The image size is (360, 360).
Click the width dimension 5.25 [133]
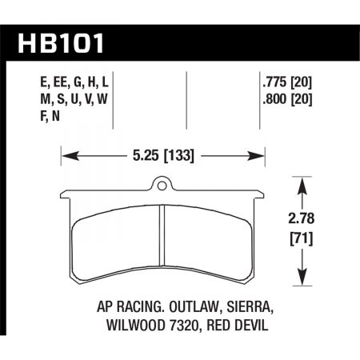pos(163,154)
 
